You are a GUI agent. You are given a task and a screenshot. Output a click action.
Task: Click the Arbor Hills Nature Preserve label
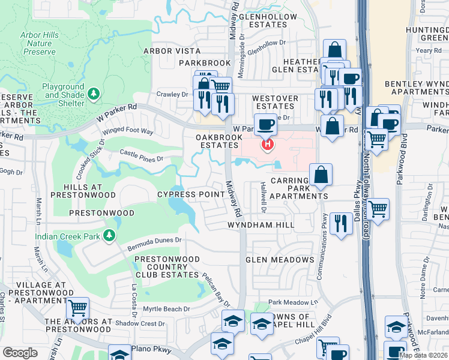[x=40, y=44]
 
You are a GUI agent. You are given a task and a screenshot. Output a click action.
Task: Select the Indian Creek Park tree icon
[x=109, y=235]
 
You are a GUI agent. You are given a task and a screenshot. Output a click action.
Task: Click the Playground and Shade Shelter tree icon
[x=93, y=94]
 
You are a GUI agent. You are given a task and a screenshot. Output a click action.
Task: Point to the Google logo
[x=20, y=352]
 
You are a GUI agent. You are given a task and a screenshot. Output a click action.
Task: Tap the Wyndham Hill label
[x=261, y=224]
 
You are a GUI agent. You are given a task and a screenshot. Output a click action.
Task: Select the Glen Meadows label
[x=280, y=259]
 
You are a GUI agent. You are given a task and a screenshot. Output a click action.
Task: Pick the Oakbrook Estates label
[x=219, y=141]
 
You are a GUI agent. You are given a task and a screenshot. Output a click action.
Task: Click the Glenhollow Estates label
[x=267, y=21]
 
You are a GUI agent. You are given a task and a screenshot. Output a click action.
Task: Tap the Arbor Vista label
[x=172, y=51]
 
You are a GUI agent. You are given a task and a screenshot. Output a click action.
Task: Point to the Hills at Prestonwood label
[x=83, y=191]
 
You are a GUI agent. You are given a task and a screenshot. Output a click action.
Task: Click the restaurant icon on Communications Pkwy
[x=341, y=224]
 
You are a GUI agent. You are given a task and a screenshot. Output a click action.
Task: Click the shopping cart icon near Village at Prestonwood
[x=78, y=308]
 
